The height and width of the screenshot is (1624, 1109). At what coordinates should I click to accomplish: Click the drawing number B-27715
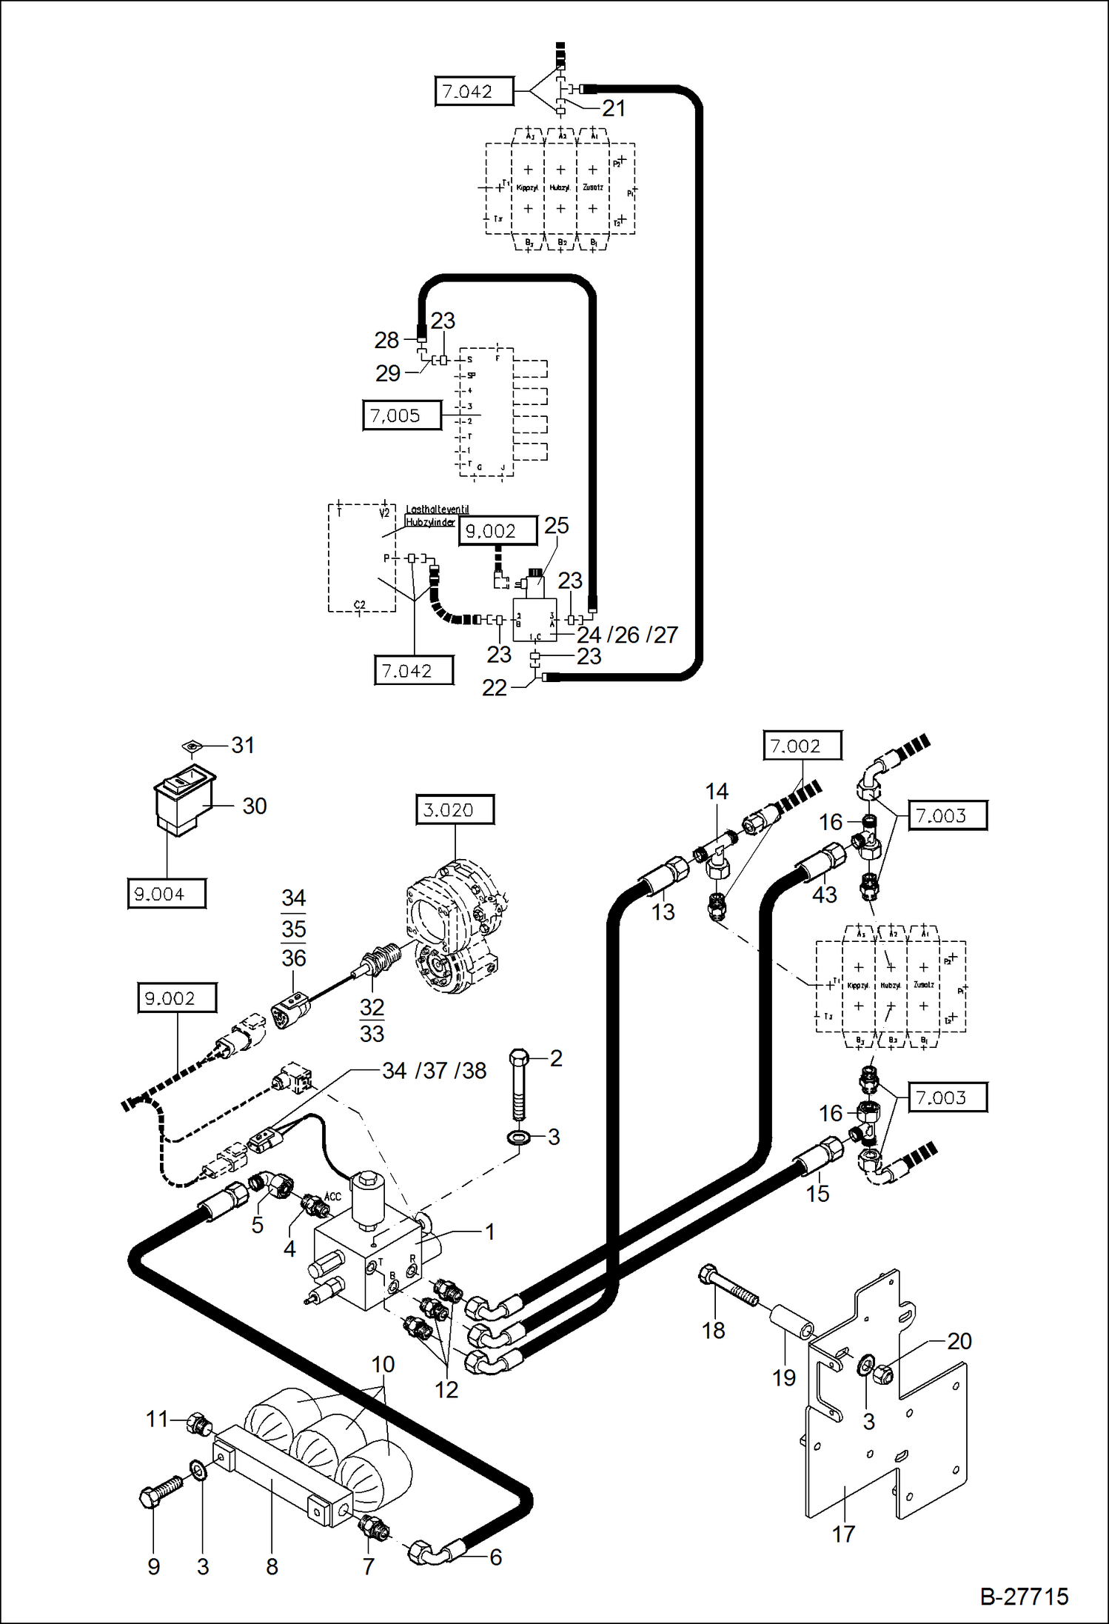tap(1024, 1596)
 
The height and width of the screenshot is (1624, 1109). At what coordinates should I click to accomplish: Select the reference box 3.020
tap(455, 809)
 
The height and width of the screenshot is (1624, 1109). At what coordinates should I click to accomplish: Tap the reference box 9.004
tap(167, 894)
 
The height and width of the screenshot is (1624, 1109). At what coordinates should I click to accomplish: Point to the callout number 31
tap(243, 745)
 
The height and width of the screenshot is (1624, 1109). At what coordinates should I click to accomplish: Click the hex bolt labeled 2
tap(519, 1085)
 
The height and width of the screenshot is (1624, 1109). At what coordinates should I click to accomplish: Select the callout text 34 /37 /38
tap(434, 1070)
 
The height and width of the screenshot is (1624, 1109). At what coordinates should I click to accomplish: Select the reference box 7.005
tap(401, 415)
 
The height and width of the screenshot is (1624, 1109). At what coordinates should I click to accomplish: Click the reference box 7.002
tap(802, 746)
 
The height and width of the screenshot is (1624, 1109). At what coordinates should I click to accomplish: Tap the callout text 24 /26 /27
tap(627, 635)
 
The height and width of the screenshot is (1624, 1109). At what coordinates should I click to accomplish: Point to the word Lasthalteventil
tap(437, 509)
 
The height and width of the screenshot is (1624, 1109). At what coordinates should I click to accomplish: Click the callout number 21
tap(614, 108)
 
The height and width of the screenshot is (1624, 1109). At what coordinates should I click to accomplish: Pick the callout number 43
tap(824, 895)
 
